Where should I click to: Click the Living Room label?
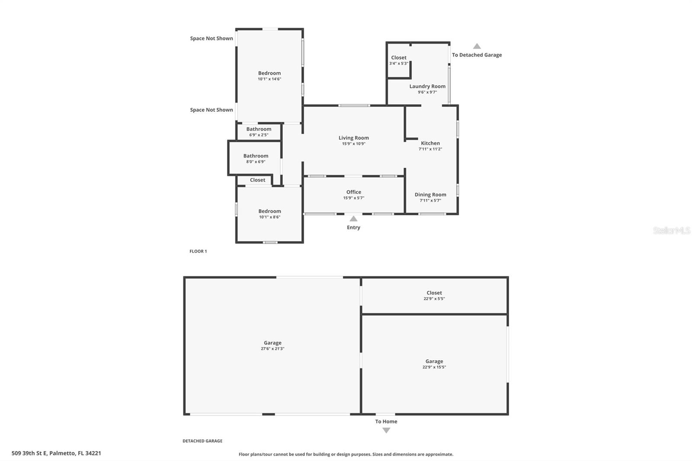pos(353,138)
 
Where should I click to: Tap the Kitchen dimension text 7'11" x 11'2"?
pos(430,149)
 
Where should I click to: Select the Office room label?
pos(353,192)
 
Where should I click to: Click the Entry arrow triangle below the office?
pos(353,219)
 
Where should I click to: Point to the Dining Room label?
pos(430,195)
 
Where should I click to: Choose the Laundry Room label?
pos(427,86)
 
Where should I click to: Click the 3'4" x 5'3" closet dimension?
pos(398,64)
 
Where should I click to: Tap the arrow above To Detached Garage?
pos(477,46)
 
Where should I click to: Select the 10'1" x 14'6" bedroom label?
pos(269,73)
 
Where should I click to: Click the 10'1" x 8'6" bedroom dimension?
pos(269,217)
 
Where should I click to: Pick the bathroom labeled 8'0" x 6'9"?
pos(256,156)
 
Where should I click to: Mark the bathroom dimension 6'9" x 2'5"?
pos(259,135)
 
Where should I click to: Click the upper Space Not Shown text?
pos(211,38)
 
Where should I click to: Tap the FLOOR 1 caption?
pos(198,251)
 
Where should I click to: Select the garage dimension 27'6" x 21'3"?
pos(272,349)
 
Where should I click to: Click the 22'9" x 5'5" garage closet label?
pos(434,293)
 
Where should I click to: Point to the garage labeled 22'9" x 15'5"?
pos(434,361)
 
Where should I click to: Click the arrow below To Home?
pos(386,430)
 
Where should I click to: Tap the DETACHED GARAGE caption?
pos(202,441)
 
